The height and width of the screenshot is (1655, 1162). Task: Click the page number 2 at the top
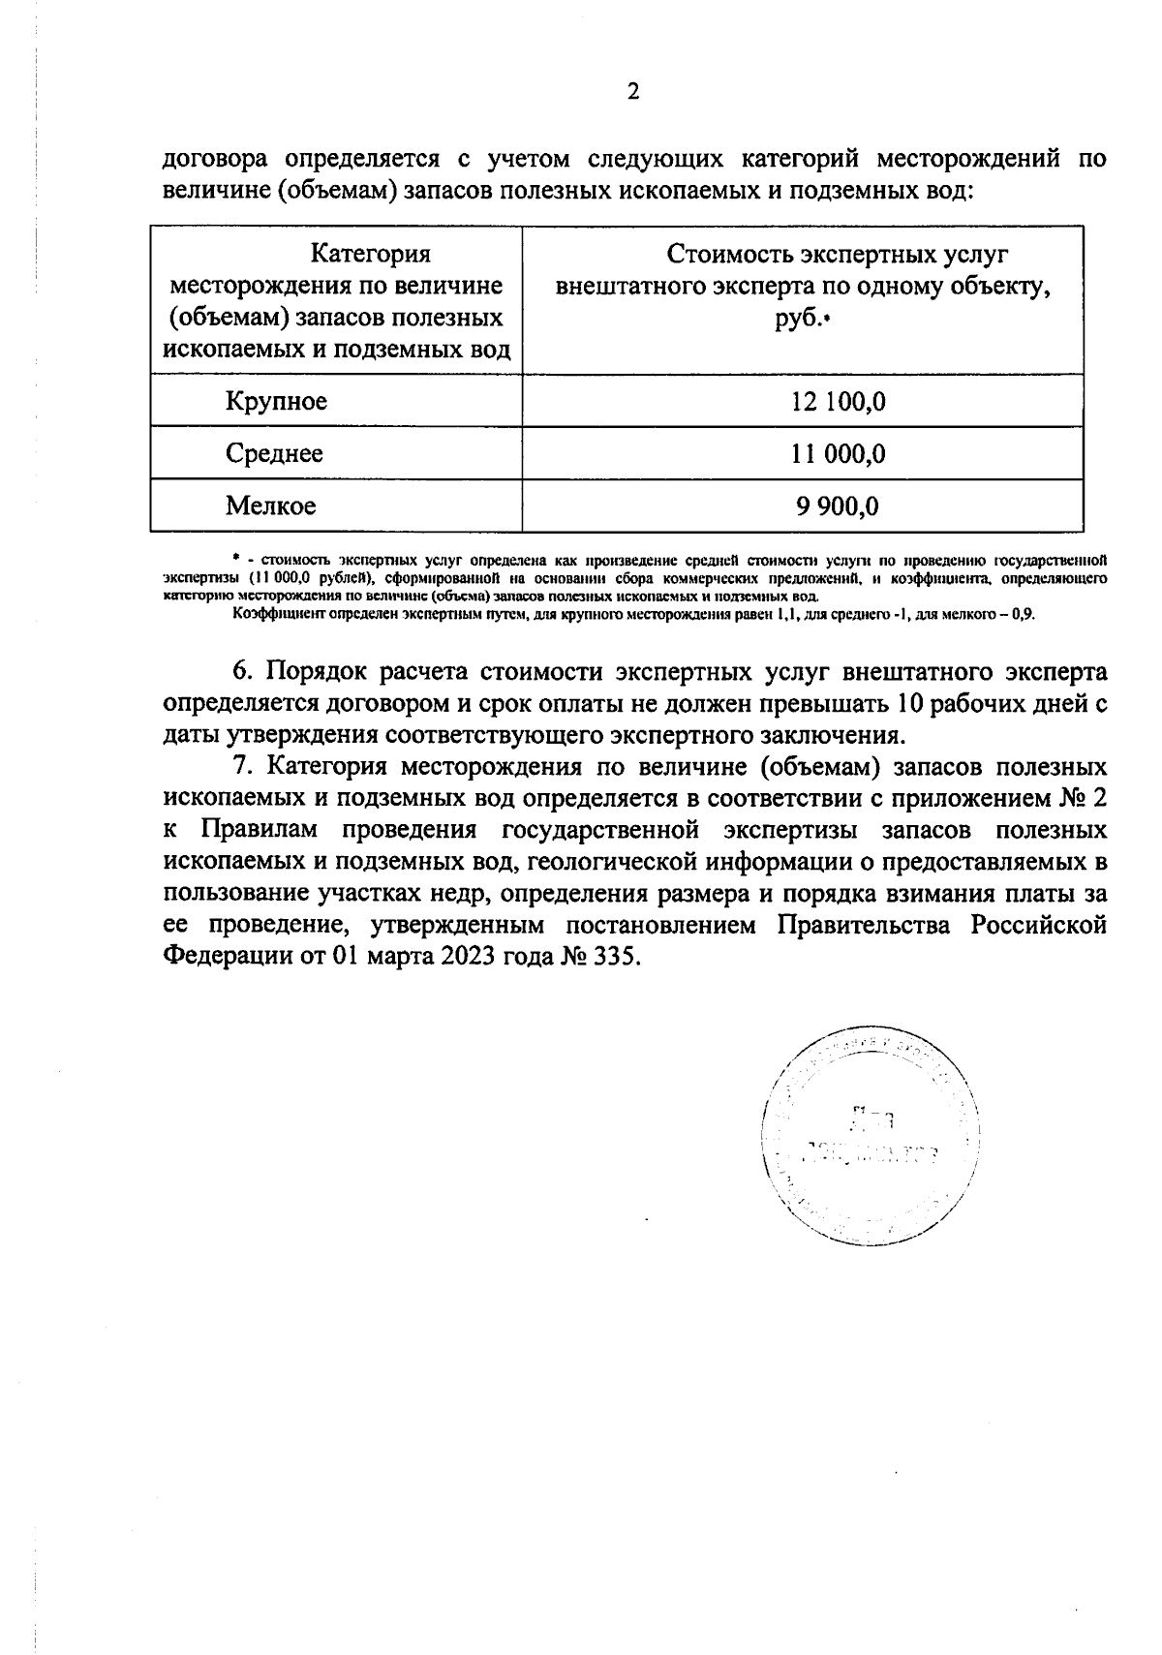coord(633,92)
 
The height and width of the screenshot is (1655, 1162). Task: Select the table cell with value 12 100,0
coord(838,401)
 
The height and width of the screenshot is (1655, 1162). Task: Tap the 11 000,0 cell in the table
coord(838,453)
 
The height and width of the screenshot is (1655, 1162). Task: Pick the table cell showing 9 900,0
coord(838,506)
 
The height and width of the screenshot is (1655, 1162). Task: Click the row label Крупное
coord(276,401)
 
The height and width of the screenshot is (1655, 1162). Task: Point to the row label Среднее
coord(274,453)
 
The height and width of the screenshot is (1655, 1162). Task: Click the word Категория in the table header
coord(370,254)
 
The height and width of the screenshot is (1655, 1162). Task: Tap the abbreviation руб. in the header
coord(796,319)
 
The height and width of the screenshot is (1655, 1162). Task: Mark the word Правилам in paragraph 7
coord(258,830)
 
